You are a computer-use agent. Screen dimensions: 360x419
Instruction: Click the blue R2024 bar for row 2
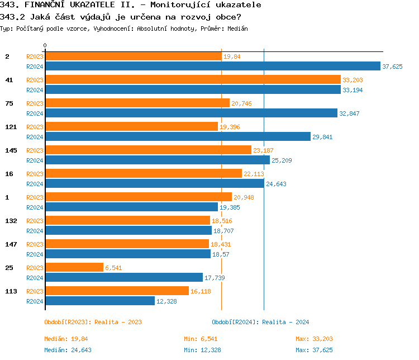[212, 66]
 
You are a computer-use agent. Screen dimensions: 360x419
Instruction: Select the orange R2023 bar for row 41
[193, 79]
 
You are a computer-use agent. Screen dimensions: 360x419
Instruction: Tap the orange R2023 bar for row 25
[74, 267]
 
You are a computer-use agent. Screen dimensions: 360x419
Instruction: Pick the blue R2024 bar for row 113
[100, 301]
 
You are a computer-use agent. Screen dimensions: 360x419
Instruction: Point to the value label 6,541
[114, 268]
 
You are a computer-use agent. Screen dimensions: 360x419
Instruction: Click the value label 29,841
[322, 137]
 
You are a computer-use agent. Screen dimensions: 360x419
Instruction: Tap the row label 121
[11, 127]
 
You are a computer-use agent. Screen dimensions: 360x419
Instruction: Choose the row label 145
[11, 150]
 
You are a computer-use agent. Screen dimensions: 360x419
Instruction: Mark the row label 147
[11, 244]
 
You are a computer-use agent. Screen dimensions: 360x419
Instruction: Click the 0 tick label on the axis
[45, 45]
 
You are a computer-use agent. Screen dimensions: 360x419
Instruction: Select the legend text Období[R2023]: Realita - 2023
[93, 322]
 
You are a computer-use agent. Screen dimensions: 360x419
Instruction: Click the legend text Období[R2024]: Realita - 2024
[260, 322]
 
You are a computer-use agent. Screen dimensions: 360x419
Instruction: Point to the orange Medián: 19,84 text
[66, 339]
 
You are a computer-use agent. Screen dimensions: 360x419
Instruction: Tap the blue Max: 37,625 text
[314, 350]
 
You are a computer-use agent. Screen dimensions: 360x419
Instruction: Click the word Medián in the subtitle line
[237, 29]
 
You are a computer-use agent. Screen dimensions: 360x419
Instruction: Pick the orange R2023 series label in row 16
[35, 174]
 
